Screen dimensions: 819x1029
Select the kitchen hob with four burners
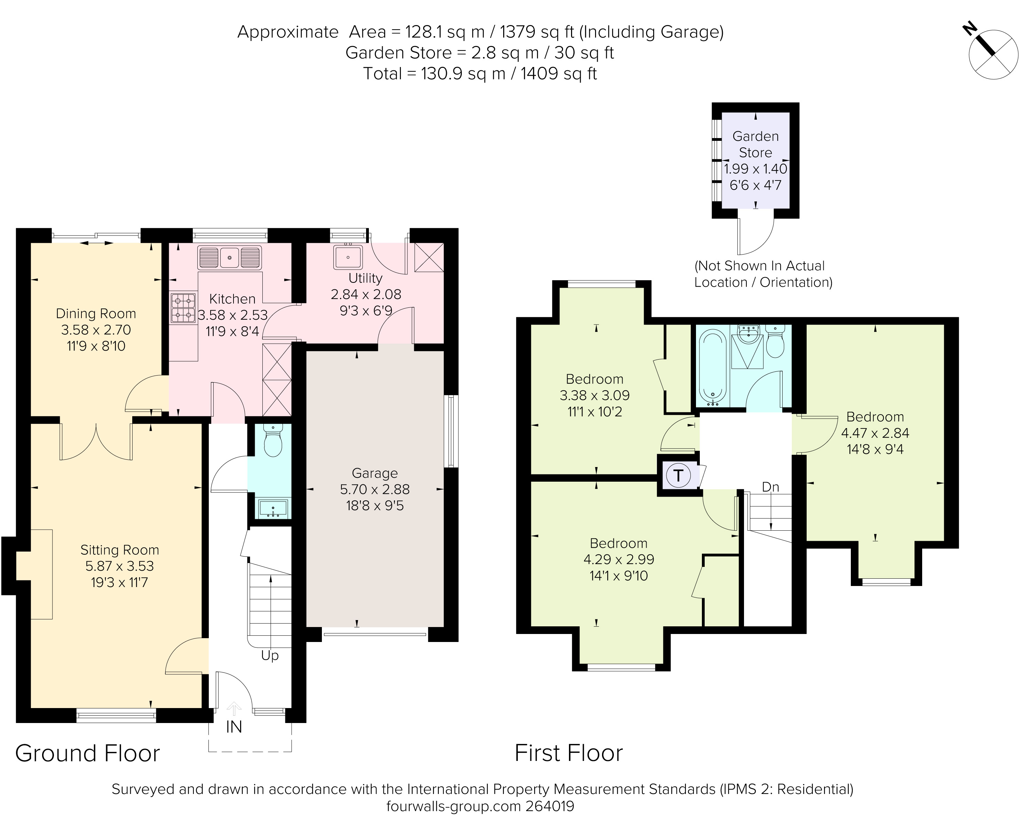click(184, 308)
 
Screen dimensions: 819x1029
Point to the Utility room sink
click(348, 257)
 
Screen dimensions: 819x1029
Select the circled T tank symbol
click(678, 475)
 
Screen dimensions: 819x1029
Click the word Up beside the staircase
click(270, 656)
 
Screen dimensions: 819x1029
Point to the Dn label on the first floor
click(770, 487)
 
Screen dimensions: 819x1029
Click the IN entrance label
click(234, 727)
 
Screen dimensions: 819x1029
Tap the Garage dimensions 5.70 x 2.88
click(375, 489)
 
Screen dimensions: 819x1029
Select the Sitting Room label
click(119, 550)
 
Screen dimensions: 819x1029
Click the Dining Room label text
click(96, 313)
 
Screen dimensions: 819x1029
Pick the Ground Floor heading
click(87, 754)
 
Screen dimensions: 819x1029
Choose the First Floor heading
click(568, 754)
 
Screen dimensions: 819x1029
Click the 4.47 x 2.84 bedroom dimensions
click(875, 433)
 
